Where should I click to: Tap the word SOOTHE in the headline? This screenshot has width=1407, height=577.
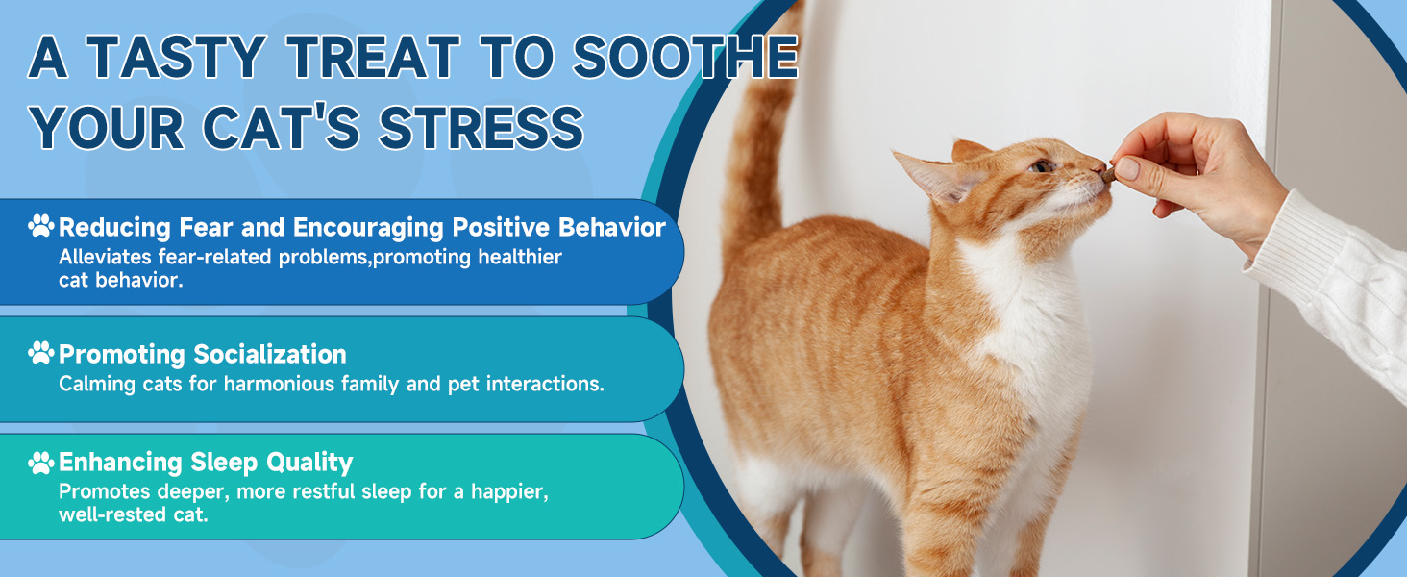pos(685,57)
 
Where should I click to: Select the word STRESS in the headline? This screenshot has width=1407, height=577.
pos(481,128)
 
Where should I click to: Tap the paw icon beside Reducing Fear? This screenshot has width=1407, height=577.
pos(41,226)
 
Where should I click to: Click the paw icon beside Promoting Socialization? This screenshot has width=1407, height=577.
pos(41,353)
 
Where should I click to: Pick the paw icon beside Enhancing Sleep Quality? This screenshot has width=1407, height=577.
pos(41,464)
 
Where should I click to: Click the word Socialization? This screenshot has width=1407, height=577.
pos(270,355)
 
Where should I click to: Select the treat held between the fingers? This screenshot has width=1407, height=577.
pos(1109,174)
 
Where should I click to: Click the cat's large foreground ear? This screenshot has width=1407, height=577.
pos(935,177)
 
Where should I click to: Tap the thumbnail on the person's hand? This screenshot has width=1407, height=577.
pos(1127,168)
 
